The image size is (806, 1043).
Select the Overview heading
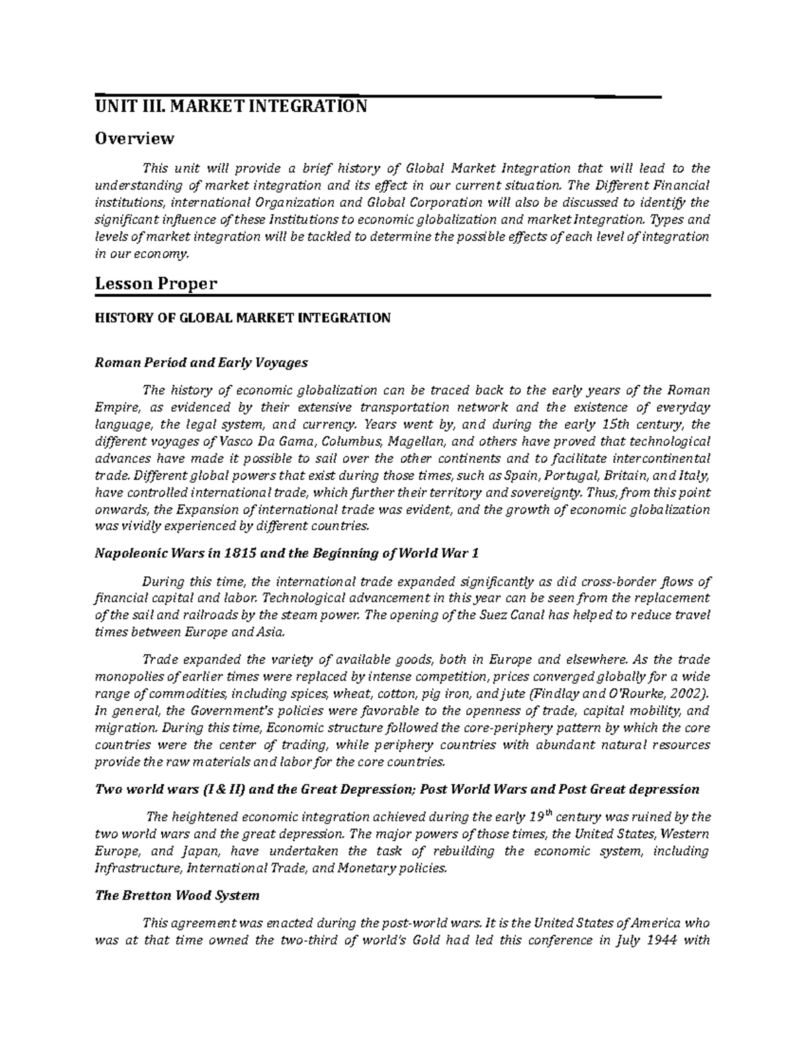(x=134, y=139)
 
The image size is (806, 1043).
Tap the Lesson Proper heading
(x=156, y=283)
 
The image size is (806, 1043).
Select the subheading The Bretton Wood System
(x=177, y=896)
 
